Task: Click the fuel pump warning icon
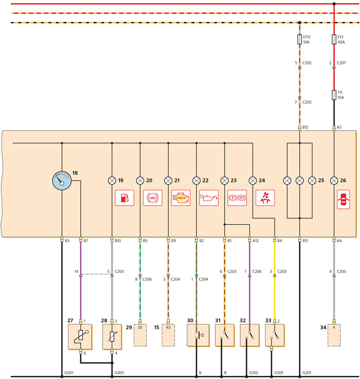[x=125, y=198]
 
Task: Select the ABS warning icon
[x=153, y=198]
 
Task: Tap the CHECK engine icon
[x=181, y=198]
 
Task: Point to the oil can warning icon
[x=209, y=198]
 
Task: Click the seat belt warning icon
[x=265, y=198]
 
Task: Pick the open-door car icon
[x=343, y=199]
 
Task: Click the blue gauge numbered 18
[x=62, y=180]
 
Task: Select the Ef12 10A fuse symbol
[x=300, y=40]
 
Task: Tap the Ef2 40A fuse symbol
[x=334, y=40]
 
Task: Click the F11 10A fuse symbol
[x=334, y=95]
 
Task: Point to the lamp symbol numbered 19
[x=112, y=180]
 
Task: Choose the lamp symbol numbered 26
[x=334, y=180]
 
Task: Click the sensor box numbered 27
[x=80, y=337]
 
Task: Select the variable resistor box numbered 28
[x=112, y=337]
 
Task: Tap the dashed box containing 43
[x=168, y=335]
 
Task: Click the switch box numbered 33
[x=274, y=335]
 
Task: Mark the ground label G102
[x=253, y=373]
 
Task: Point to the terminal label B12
[x=306, y=127]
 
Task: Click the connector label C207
[x=341, y=63]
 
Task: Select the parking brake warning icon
[x=237, y=198]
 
